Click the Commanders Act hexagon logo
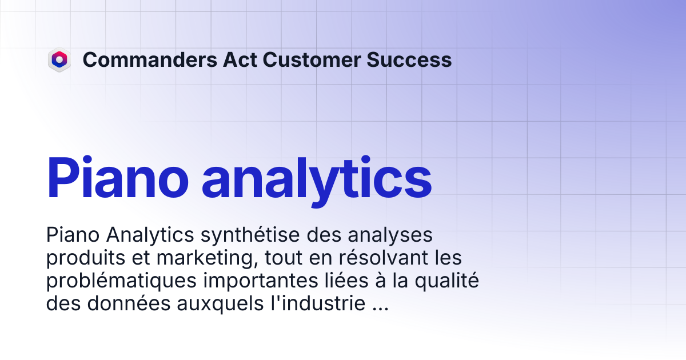click(x=59, y=59)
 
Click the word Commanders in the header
click(x=150, y=59)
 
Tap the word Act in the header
click(x=240, y=59)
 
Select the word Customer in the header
click(x=312, y=59)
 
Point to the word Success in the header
click(x=409, y=59)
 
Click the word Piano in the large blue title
click(x=117, y=178)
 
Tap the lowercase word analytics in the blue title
click(x=317, y=181)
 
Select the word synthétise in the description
click(x=250, y=235)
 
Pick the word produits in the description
click(x=86, y=258)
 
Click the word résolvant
click(x=383, y=258)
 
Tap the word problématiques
click(x=121, y=281)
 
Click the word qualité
click(x=447, y=281)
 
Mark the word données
click(x=129, y=303)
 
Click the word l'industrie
click(x=318, y=303)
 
